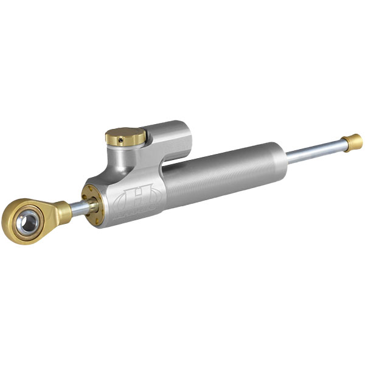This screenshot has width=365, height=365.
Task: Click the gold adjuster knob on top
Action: point(125,135)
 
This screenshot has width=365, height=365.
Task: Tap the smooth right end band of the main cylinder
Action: point(277,159)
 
